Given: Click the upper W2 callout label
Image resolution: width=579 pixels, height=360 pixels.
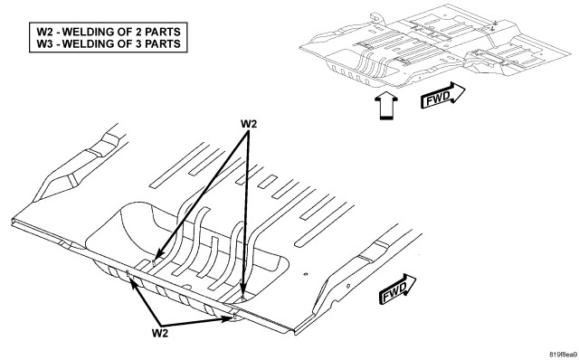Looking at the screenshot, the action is click(x=249, y=124).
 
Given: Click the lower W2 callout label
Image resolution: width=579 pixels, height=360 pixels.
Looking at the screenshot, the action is click(x=160, y=333).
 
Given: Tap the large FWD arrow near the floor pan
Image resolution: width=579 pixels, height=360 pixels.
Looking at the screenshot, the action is click(x=397, y=289).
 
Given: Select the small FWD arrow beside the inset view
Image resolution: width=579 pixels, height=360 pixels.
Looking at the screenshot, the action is click(x=442, y=96).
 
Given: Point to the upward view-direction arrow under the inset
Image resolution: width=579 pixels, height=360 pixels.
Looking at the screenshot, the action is click(x=386, y=106).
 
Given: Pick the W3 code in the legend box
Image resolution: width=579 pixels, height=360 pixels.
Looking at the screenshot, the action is click(x=44, y=43).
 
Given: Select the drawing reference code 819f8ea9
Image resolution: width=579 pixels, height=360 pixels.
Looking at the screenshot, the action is click(x=563, y=354).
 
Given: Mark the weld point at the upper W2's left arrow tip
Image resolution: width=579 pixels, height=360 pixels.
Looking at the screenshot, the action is click(x=154, y=261).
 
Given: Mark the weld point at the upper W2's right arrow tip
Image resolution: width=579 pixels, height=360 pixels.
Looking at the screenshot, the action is click(x=242, y=298).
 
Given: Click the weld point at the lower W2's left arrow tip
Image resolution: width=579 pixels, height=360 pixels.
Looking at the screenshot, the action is click(x=128, y=273).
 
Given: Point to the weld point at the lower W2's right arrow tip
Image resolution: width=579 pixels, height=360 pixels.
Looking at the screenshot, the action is click(x=235, y=316).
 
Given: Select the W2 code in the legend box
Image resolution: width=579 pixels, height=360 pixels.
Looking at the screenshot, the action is click(x=44, y=32).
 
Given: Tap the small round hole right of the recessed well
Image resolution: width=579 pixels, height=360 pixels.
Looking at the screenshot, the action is click(x=305, y=274).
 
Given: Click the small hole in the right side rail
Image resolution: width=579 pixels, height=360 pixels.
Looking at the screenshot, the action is click(x=347, y=286).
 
